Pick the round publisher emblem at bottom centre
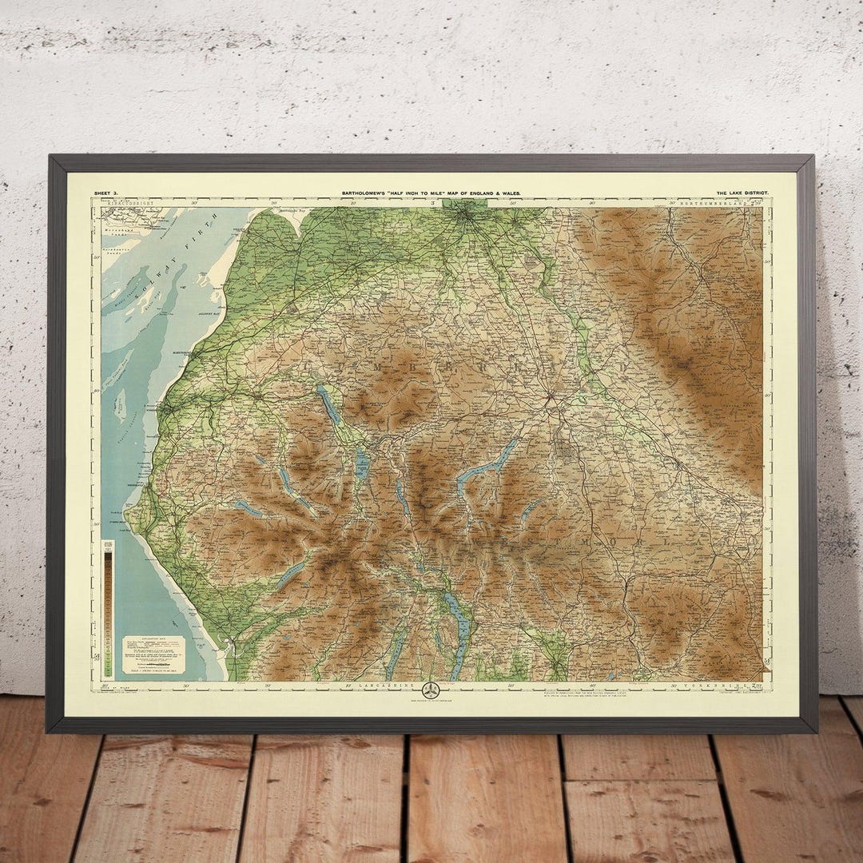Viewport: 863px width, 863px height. pos(431,689)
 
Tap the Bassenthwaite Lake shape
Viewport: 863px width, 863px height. pos(328,405)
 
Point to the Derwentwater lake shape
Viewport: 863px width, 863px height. pos(362,463)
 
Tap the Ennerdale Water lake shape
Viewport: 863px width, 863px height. pos(249,508)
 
